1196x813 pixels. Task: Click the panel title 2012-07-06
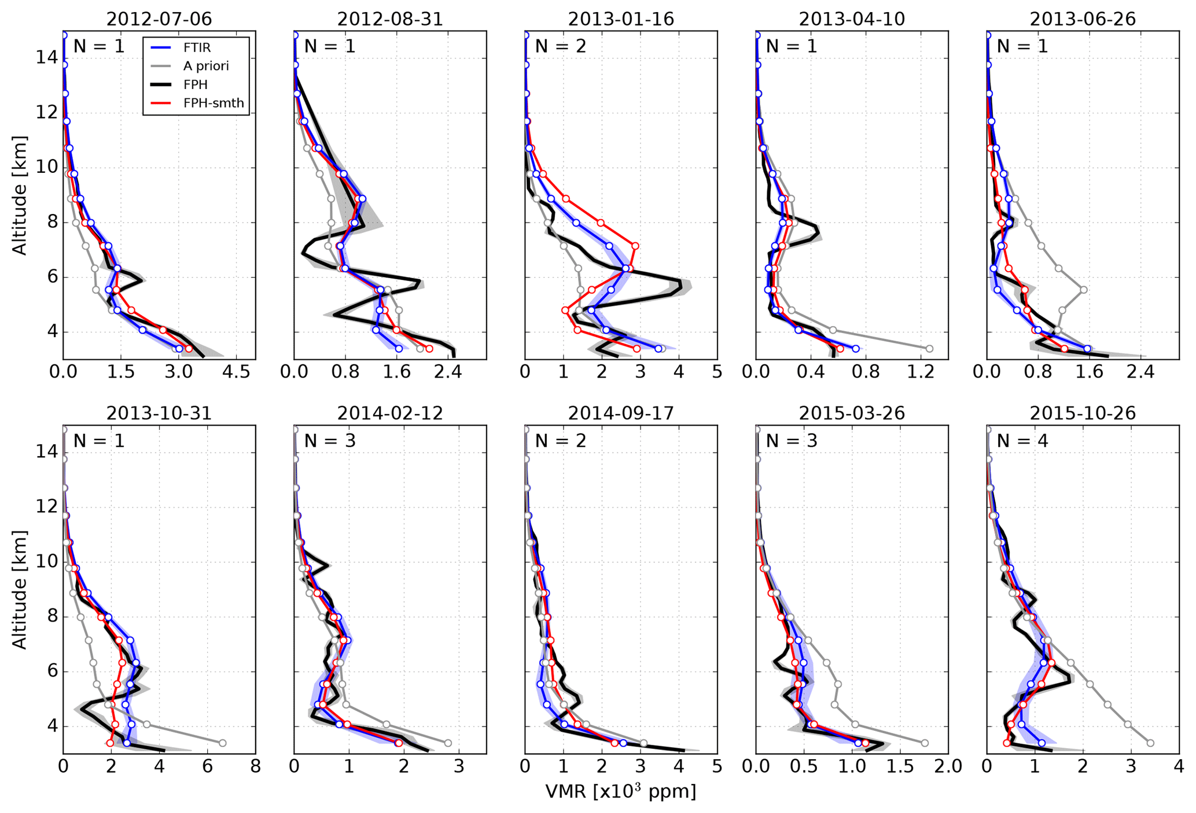(159, 19)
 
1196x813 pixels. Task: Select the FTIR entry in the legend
(197, 47)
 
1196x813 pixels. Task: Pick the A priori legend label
(206, 66)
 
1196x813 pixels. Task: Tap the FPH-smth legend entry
(213, 104)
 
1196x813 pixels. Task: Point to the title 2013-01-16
(621, 19)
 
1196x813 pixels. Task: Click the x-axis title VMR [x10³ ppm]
(621, 792)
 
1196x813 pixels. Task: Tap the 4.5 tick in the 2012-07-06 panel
(236, 372)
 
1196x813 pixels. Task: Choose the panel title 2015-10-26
(1083, 413)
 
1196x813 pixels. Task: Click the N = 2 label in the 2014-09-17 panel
(560, 441)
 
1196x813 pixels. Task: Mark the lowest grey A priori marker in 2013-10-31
(222, 743)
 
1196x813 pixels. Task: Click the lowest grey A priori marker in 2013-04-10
(930, 349)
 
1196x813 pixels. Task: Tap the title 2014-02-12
(390, 413)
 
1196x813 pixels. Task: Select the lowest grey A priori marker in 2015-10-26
(1150, 743)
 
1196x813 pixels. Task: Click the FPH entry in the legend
(196, 85)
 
